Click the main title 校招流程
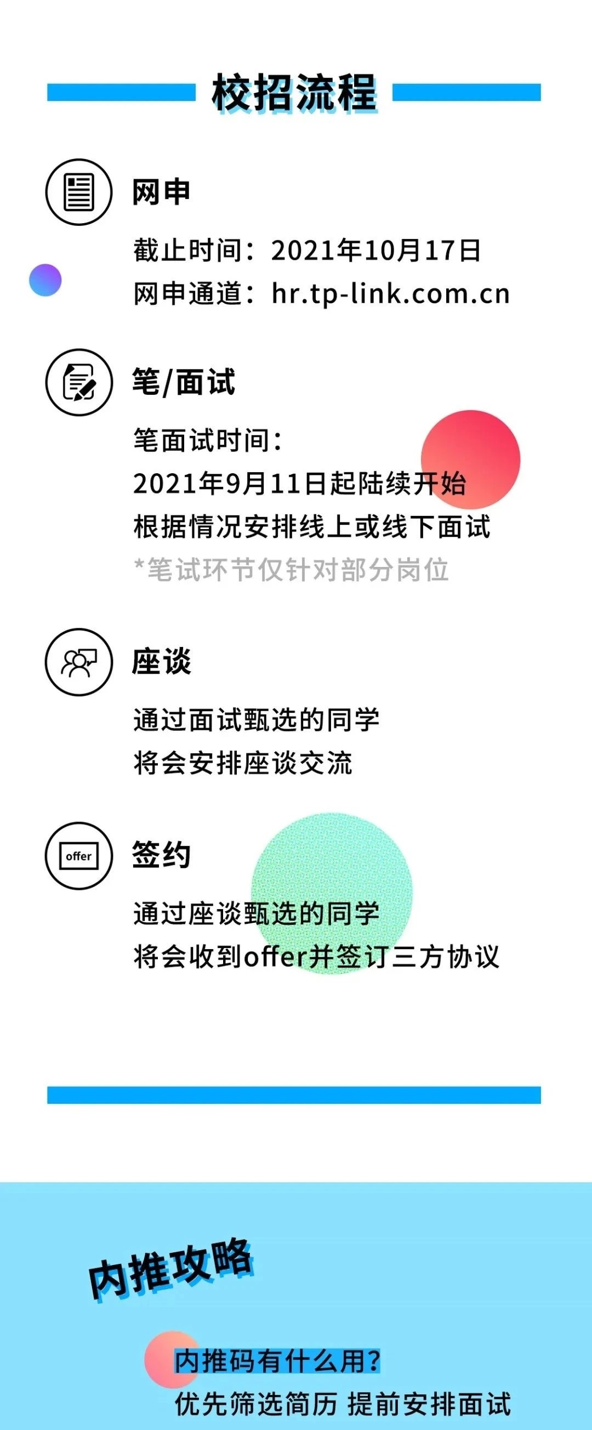tap(294, 92)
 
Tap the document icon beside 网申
tap(79, 192)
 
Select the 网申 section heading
tap(162, 192)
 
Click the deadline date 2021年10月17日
tap(375, 251)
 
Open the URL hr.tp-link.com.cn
tap(391, 294)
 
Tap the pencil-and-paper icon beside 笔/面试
tap(79, 382)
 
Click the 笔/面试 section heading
tap(184, 382)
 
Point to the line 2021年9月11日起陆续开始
tap(300, 484)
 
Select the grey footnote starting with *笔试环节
tap(292, 570)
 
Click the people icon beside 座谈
tap(79, 662)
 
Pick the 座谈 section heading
tap(162, 662)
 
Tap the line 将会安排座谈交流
tap(243, 763)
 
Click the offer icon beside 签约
tap(79, 855)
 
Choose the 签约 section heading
tap(162, 855)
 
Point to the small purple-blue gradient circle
tap(45, 280)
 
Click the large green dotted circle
tap(332, 894)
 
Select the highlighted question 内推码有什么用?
tap(278, 1361)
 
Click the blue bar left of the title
tap(122, 92)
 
